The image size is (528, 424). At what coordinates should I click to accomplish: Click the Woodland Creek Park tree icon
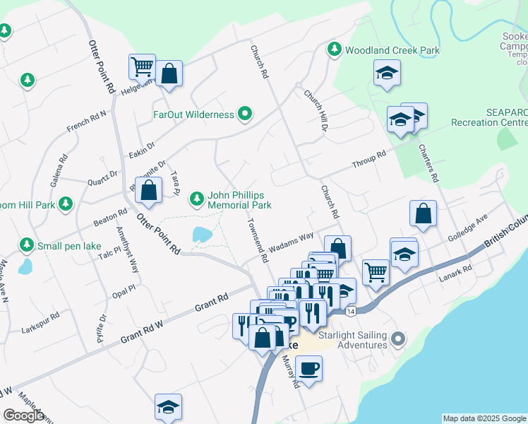(x=334, y=49)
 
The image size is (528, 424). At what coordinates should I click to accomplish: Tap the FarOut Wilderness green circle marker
(x=245, y=114)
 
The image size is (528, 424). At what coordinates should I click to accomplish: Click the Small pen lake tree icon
(x=27, y=245)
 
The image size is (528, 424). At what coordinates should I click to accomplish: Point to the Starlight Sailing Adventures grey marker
(x=398, y=339)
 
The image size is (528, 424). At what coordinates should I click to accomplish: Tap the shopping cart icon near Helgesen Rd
(x=142, y=67)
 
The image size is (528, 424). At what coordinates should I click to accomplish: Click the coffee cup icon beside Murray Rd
(x=308, y=367)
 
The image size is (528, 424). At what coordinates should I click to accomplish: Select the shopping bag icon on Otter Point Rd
(x=148, y=190)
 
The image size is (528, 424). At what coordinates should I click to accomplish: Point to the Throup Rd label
(x=370, y=160)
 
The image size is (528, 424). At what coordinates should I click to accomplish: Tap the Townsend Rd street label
(x=258, y=240)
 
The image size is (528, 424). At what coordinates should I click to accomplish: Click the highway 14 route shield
(x=350, y=310)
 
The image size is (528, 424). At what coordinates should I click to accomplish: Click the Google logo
(x=24, y=416)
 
